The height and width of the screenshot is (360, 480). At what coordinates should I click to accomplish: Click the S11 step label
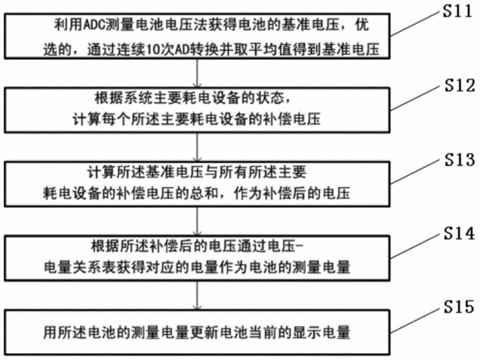(x=458, y=11)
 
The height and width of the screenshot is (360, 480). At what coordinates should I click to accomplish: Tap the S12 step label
(x=460, y=85)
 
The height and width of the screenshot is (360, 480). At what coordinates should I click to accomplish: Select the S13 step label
(x=460, y=159)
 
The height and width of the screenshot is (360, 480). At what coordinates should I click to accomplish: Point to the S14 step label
(x=459, y=234)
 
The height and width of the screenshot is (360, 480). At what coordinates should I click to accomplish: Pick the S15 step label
(x=459, y=306)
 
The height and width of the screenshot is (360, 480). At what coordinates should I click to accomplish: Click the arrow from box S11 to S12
(x=198, y=73)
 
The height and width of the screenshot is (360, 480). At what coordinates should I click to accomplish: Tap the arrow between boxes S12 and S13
(x=198, y=147)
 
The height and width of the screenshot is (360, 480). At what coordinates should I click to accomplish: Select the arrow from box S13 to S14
(x=198, y=221)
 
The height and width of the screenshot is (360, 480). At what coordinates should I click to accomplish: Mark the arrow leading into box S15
(x=198, y=295)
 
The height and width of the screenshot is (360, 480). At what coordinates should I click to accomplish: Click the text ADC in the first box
(x=94, y=25)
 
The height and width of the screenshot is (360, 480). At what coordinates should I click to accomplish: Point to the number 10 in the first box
(x=153, y=50)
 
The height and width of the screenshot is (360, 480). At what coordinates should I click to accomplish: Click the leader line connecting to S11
(x=416, y=23)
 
